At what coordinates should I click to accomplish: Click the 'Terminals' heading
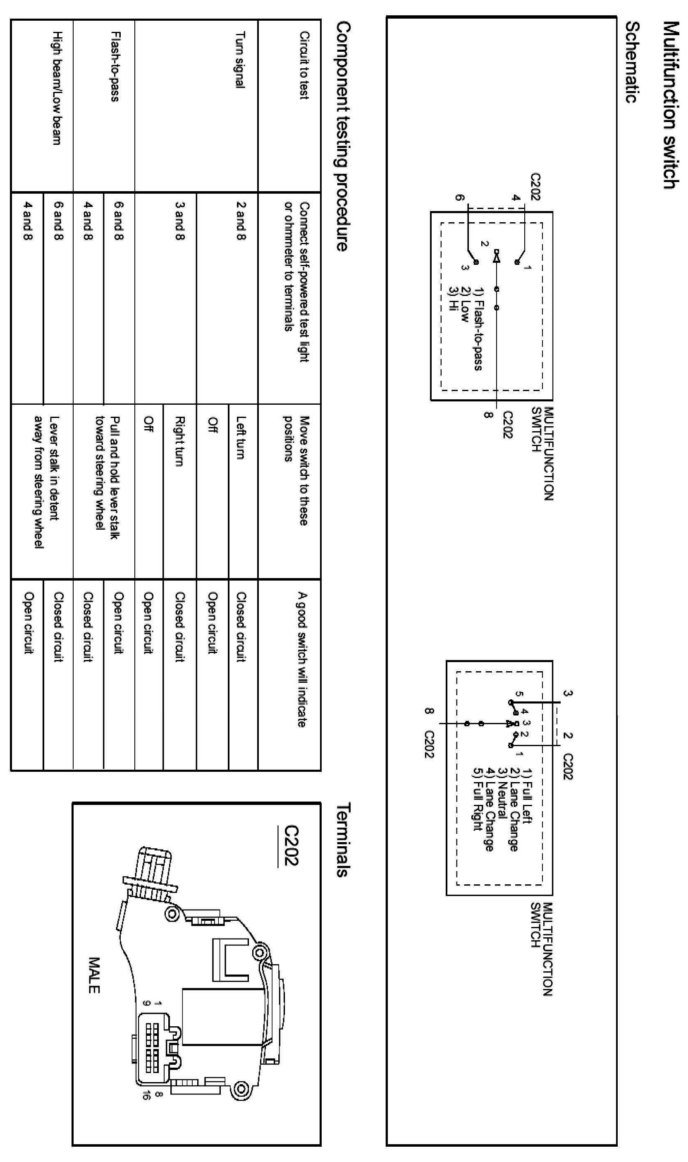342,840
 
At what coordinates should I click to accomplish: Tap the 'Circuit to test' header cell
303,65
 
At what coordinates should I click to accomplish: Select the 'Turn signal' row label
240,59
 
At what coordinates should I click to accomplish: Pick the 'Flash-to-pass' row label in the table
116,66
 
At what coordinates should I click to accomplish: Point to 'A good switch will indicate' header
302,659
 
